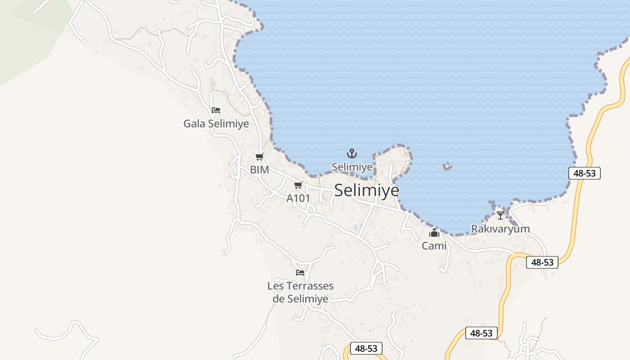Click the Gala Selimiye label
pos(216,123)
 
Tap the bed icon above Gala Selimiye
pos(216,110)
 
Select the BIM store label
pos(260,170)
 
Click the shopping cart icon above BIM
pos(259,157)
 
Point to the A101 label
pos(298,198)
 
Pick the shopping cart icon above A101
pos(298,185)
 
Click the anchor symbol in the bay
pos(352,154)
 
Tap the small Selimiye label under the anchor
pos(352,167)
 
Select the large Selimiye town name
pos(367,190)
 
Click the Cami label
pos(434,246)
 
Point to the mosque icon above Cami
pos(434,233)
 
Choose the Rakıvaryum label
pos(500,229)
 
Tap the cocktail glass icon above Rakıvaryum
pos(500,216)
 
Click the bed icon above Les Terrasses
pos(300,273)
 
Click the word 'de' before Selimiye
pos(279,298)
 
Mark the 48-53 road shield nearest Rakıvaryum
pos(542,262)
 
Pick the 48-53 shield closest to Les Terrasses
pos(366,348)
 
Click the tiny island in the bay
pos(447,166)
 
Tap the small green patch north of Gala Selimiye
pos(212,84)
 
